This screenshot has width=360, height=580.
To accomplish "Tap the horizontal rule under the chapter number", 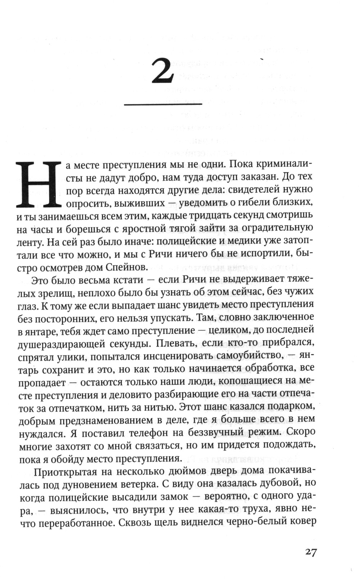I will [x=163, y=105].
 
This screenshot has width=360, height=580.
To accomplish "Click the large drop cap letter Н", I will [x=37, y=184].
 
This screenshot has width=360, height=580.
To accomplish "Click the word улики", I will [x=71, y=356].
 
